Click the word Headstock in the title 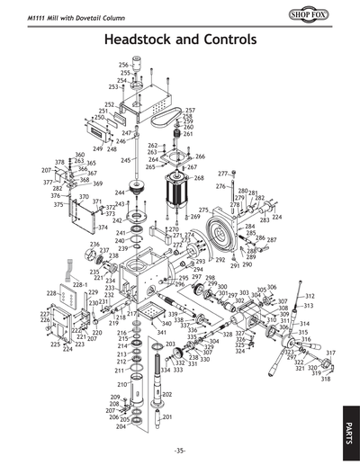pos(142,40)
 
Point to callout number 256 pos(124,65)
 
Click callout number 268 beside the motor pos(199,178)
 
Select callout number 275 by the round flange pos(203,210)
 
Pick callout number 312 pos(310,296)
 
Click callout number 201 pos(166,416)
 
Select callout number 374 pos(103,228)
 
